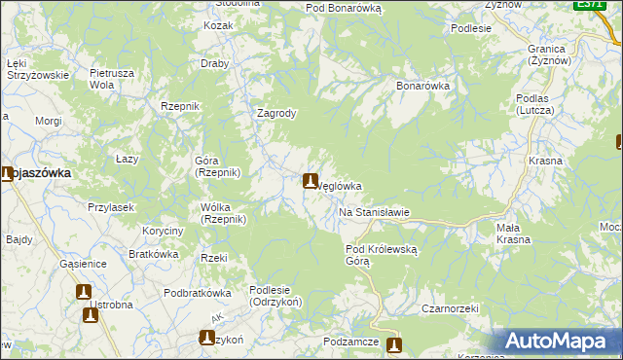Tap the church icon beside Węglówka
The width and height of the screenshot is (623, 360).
311,181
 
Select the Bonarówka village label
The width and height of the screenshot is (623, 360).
422,86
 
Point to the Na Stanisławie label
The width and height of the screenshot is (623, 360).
374,212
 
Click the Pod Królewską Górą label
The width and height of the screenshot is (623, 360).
382,255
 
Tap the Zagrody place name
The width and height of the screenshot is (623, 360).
275,113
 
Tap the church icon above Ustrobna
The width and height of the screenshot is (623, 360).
84,291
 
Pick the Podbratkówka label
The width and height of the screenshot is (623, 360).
197,293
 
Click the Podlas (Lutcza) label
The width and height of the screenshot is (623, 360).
535,105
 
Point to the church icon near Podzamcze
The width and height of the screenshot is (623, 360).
393,345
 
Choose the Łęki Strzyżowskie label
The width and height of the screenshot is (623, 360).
37,68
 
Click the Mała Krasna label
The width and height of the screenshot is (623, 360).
513,234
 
